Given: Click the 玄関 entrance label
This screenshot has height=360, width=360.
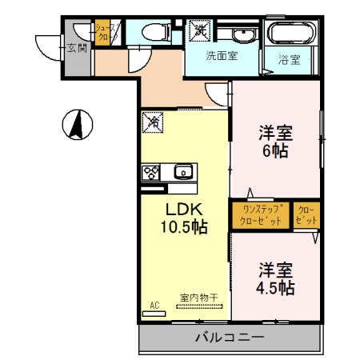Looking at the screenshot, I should (x=78, y=48).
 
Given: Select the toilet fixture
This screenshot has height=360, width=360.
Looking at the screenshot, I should (x=151, y=33).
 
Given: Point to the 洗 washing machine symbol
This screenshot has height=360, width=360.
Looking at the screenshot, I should (x=198, y=31).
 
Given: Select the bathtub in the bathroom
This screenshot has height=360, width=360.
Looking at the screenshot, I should (x=293, y=34).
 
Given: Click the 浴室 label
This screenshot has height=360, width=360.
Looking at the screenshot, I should (x=289, y=59).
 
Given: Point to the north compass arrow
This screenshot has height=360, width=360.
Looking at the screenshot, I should (x=78, y=125).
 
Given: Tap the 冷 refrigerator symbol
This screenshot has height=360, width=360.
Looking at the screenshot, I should (x=152, y=122).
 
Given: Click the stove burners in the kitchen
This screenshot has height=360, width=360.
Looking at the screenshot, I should (x=151, y=171).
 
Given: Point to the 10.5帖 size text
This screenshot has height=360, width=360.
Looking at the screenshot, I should (x=186, y=227).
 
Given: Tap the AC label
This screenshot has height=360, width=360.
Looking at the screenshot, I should (x=155, y=305).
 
